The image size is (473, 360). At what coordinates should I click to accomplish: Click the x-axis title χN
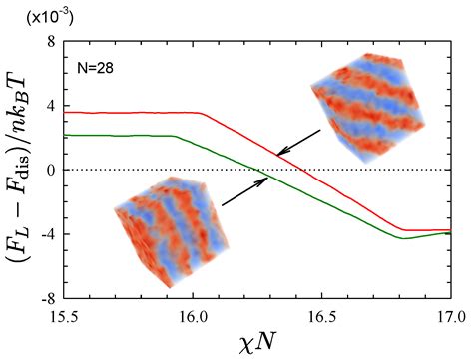tap(256, 343)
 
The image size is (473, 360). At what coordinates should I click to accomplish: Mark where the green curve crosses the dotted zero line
tap(262, 170)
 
